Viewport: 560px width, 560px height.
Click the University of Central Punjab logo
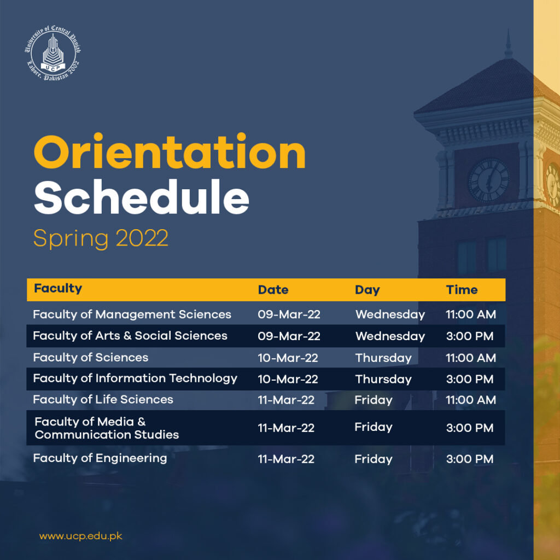tap(53, 56)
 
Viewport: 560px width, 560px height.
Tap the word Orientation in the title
tap(170, 153)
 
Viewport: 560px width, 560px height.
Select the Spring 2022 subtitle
tap(101, 238)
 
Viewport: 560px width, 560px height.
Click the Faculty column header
tap(58, 289)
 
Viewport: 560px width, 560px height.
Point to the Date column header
tap(273, 290)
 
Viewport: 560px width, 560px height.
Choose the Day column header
tap(367, 290)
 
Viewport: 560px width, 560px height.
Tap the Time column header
tap(462, 290)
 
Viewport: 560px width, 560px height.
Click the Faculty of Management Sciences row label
tap(132, 314)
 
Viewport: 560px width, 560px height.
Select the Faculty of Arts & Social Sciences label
tap(130, 336)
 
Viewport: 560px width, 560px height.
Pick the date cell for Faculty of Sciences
tap(288, 358)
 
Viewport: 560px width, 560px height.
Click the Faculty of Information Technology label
tap(135, 378)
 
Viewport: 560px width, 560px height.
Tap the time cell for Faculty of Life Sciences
tap(470, 400)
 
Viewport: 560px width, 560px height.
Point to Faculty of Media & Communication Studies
tap(107, 428)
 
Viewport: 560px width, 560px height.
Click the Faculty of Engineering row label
tap(100, 458)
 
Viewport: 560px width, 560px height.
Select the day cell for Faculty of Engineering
tap(373, 459)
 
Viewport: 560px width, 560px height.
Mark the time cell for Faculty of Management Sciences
tap(470, 314)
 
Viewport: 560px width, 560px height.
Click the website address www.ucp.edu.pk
tap(80, 536)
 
